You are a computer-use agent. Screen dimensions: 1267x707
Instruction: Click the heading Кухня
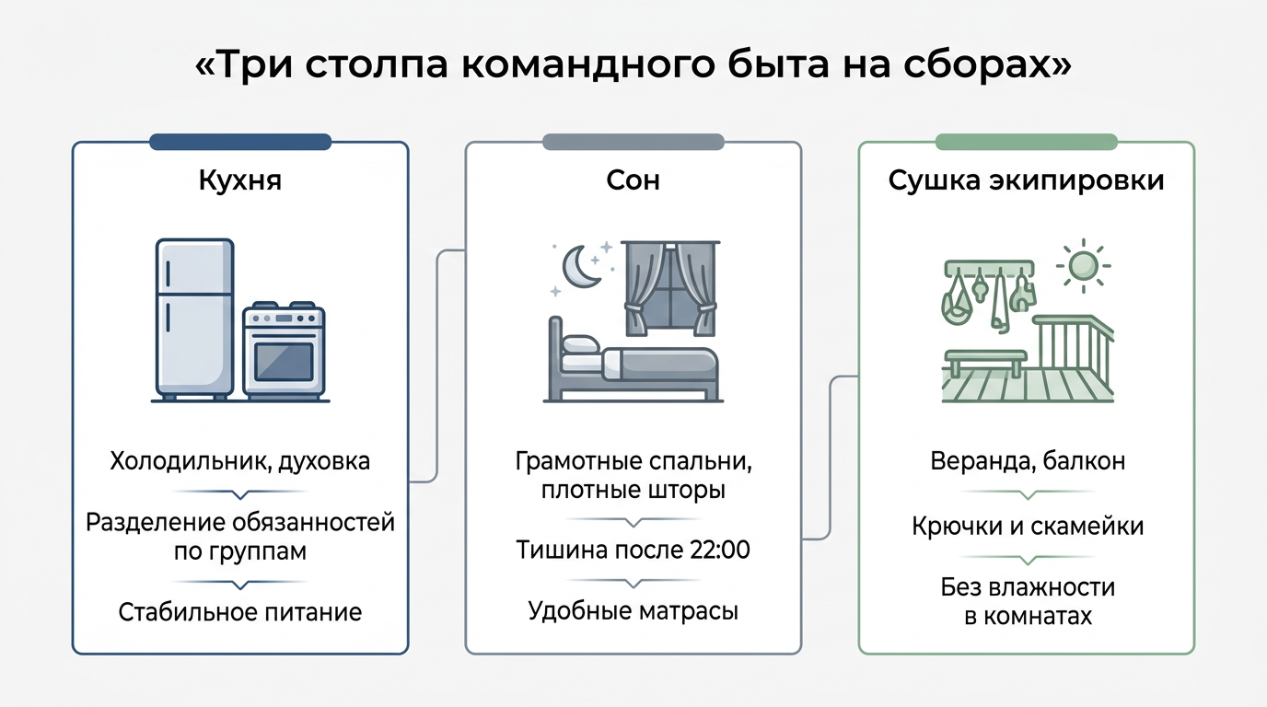pyautogui.click(x=239, y=180)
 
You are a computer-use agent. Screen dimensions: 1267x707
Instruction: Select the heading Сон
pyautogui.click(x=633, y=180)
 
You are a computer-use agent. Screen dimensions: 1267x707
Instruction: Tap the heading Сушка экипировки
pyautogui.click(x=1026, y=180)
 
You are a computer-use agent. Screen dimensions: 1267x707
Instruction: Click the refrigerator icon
pyautogui.click(x=194, y=319)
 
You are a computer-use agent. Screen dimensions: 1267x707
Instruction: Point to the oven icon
pyautogui.click(x=284, y=351)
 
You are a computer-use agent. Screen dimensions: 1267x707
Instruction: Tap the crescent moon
pyautogui.click(x=581, y=266)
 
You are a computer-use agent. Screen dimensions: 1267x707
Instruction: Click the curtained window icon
pyautogui.click(x=670, y=288)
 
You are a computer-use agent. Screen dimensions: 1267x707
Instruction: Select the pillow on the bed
pyautogui.click(x=581, y=344)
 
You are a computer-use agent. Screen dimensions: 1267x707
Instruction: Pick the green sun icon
pyautogui.click(x=1083, y=266)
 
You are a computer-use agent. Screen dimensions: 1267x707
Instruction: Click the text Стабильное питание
pyautogui.click(x=239, y=612)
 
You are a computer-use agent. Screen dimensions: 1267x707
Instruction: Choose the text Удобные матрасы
pyautogui.click(x=633, y=611)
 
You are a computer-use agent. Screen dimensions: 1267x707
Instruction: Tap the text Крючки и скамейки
pyautogui.click(x=1028, y=526)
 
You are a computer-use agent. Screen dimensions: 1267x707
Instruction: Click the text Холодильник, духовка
pyautogui.click(x=239, y=461)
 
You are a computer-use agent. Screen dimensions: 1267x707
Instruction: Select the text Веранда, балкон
pyautogui.click(x=1028, y=461)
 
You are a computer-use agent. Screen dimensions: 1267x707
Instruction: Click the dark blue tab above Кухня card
pyautogui.click(x=239, y=142)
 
